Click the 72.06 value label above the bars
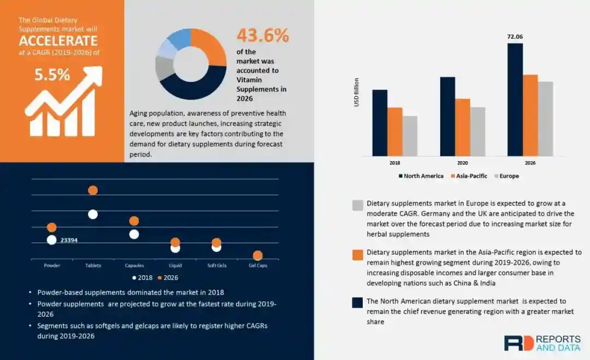515,37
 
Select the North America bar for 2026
515,99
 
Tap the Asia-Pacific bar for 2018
395,132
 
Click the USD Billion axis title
357,92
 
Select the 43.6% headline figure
262,36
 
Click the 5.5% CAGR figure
52,75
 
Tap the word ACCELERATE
58,41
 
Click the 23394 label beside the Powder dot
69,240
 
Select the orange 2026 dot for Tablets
93,190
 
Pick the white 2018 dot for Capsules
134,234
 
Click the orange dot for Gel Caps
258,255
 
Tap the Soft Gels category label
216,265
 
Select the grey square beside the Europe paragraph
358,205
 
